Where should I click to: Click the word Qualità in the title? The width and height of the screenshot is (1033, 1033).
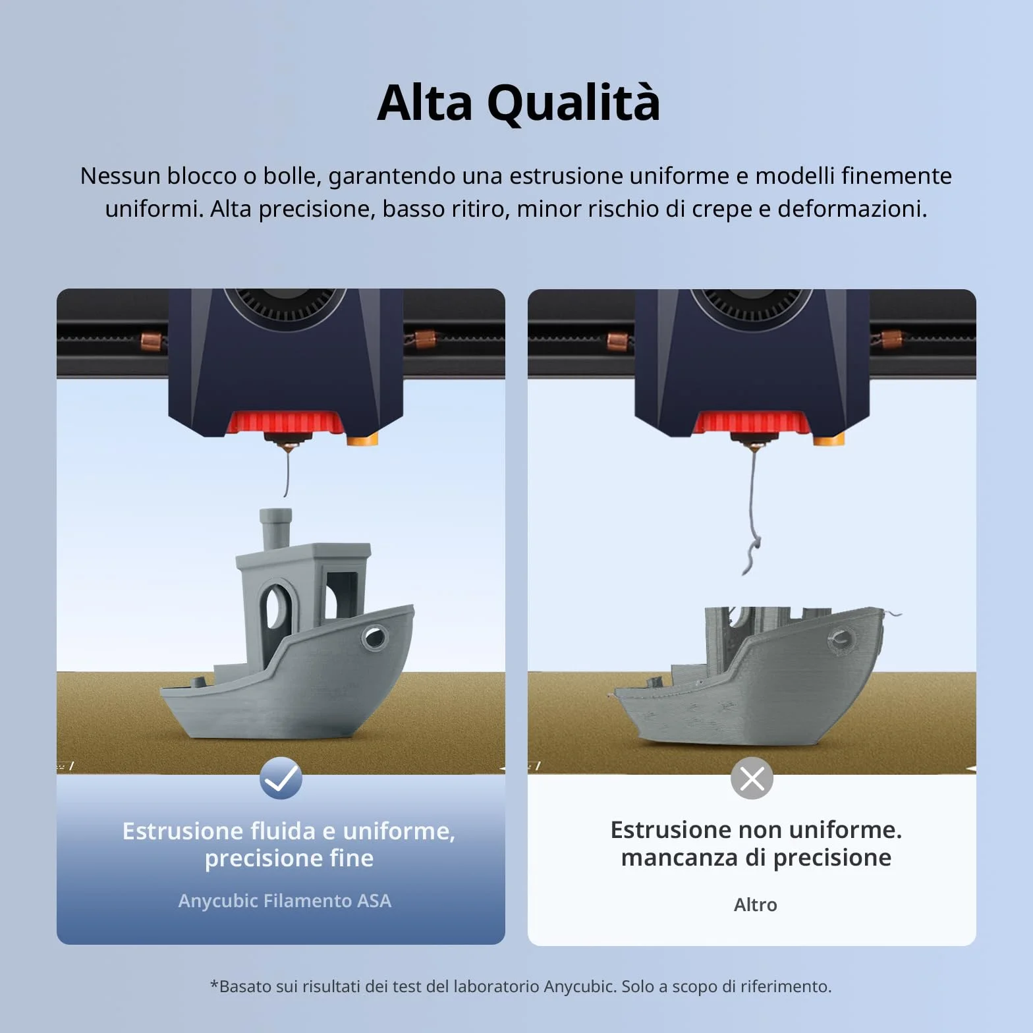pyautogui.click(x=573, y=103)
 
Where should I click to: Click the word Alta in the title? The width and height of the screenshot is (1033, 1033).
pyautogui.click(x=425, y=103)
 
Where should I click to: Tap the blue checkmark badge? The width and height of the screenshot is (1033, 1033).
pyautogui.click(x=281, y=778)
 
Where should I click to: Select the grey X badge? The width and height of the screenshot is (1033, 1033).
pyautogui.click(x=752, y=778)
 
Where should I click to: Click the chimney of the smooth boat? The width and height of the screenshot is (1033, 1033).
pyautogui.click(x=275, y=529)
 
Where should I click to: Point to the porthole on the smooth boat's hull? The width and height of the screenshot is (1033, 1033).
pyautogui.click(x=374, y=637)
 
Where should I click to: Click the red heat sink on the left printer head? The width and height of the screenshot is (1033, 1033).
pyautogui.click(x=285, y=422)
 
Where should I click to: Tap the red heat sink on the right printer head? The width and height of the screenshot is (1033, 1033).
pyautogui.click(x=752, y=423)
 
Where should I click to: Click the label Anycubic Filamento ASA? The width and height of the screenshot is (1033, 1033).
pyautogui.click(x=285, y=901)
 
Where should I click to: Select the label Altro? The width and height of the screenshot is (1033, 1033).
pyautogui.click(x=756, y=905)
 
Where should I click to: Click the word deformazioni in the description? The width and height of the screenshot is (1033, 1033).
pyautogui.click(x=852, y=209)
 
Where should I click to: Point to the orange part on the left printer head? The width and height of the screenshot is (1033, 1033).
pyautogui.click(x=363, y=440)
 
